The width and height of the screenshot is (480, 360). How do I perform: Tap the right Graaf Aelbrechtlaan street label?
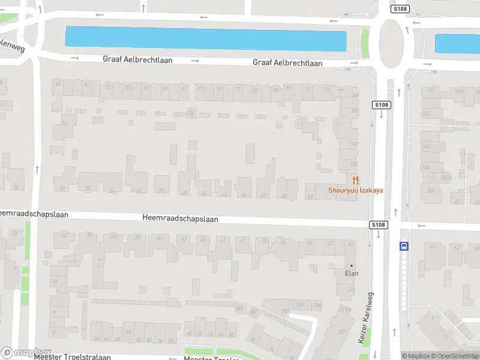tap(287, 62)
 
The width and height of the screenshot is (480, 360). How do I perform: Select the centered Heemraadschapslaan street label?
tap(180, 219)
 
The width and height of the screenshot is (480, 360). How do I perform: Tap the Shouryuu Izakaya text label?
tap(355, 191)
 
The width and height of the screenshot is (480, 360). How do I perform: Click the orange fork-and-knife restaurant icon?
tap(356, 179)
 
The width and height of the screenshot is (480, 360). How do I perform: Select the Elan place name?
tap(351, 274)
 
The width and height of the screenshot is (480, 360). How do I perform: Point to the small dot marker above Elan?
tap(352, 266)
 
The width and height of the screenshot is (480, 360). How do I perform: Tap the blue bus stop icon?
tap(404, 245)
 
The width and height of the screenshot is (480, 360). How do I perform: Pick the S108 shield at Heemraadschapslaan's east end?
tap(378, 224)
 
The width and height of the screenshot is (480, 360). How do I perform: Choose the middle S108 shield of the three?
tap(382, 105)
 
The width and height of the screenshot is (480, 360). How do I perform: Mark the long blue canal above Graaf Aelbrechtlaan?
tap(206, 39)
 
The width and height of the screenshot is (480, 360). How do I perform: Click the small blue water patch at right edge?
tap(457, 44)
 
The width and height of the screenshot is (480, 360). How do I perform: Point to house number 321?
tap(343, 331)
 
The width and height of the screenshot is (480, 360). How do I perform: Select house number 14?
tap(64, 124)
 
